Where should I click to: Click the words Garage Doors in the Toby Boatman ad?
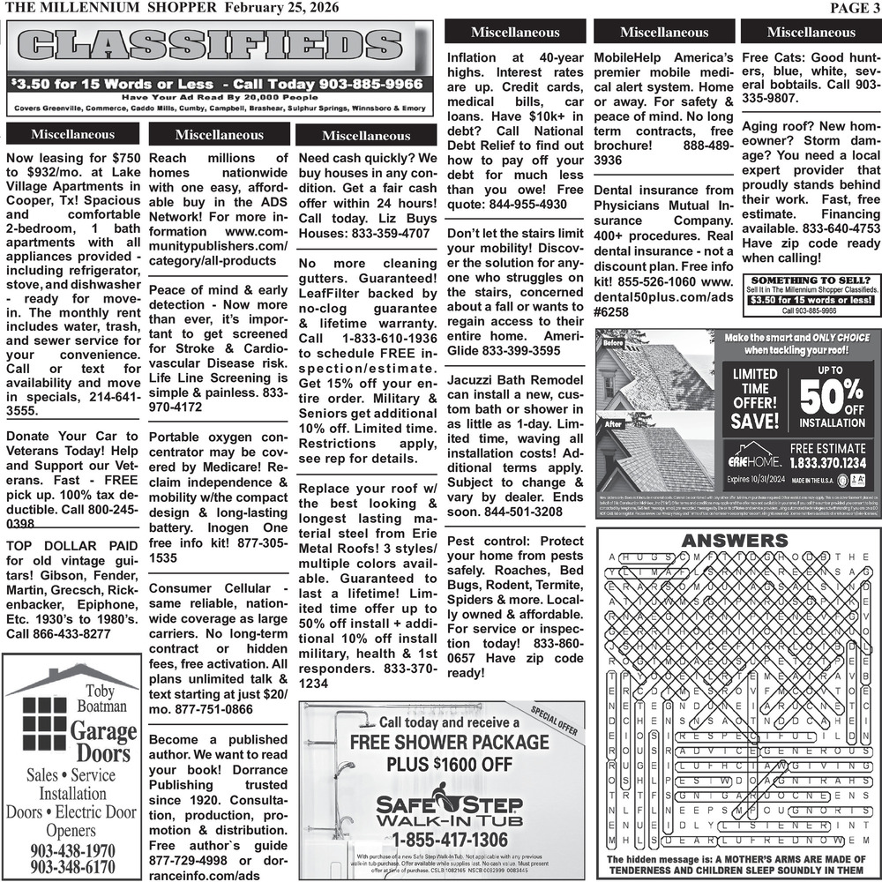103,742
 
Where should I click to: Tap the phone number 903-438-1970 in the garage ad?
72,850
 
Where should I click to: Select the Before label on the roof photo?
614,342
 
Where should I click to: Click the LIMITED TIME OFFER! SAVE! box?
755,400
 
